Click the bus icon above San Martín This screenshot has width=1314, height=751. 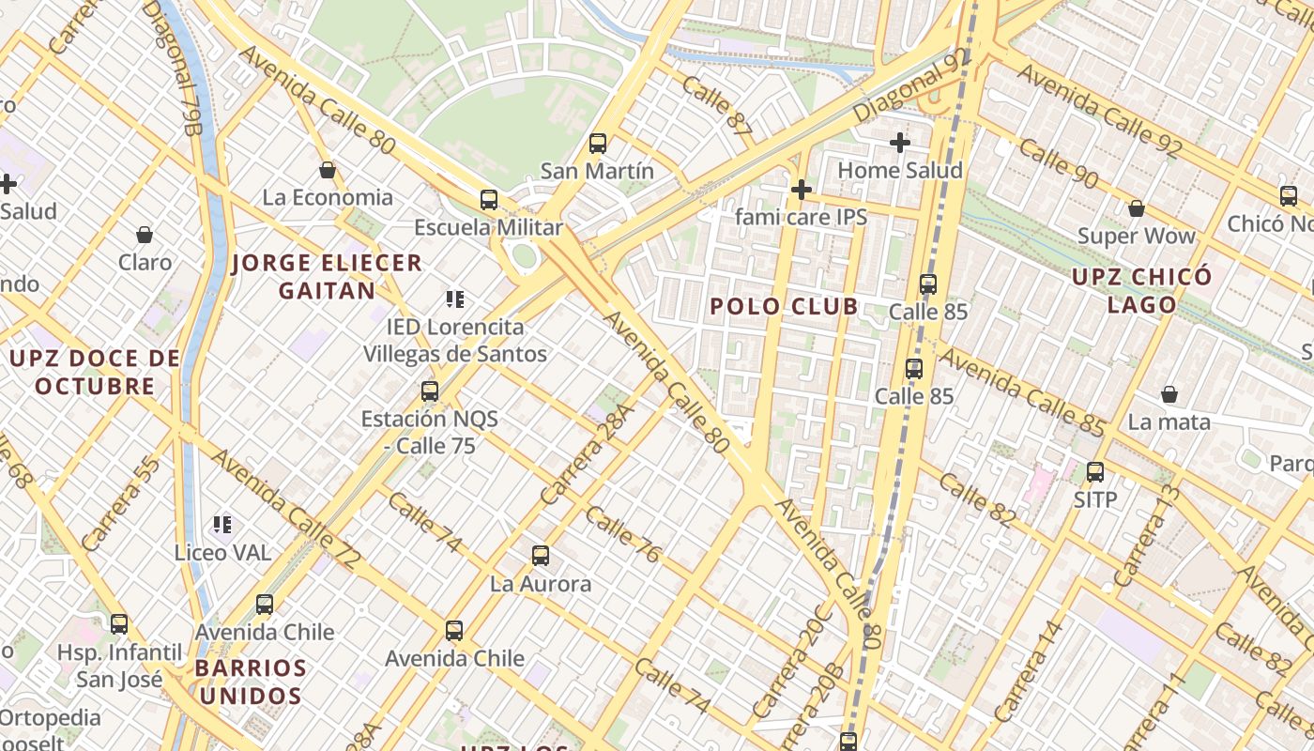tap(598, 144)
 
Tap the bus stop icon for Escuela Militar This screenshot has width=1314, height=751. tap(489, 200)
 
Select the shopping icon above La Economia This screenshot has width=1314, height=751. tap(328, 170)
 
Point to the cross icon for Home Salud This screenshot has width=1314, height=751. tap(900, 143)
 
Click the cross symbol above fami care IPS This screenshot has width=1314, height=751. tap(801, 191)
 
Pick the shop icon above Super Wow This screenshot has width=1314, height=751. tap(1137, 208)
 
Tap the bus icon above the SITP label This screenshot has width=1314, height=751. tap(1095, 472)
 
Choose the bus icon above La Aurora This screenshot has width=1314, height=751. tap(541, 556)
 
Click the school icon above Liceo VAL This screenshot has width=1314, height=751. tap(222, 525)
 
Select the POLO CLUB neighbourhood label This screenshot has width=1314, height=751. tap(784, 306)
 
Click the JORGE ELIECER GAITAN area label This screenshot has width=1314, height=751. tap(327, 276)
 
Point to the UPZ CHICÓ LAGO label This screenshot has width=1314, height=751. tap(1141, 290)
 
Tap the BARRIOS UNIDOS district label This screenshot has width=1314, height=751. tap(251, 682)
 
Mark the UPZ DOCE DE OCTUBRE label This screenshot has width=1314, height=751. tap(94, 372)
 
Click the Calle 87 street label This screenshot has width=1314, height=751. tap(718, 110)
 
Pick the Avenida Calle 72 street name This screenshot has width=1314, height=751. tap(285, 509)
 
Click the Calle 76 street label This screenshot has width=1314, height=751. tap(623, 534)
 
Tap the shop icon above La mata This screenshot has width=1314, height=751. tap(1169, 394)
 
